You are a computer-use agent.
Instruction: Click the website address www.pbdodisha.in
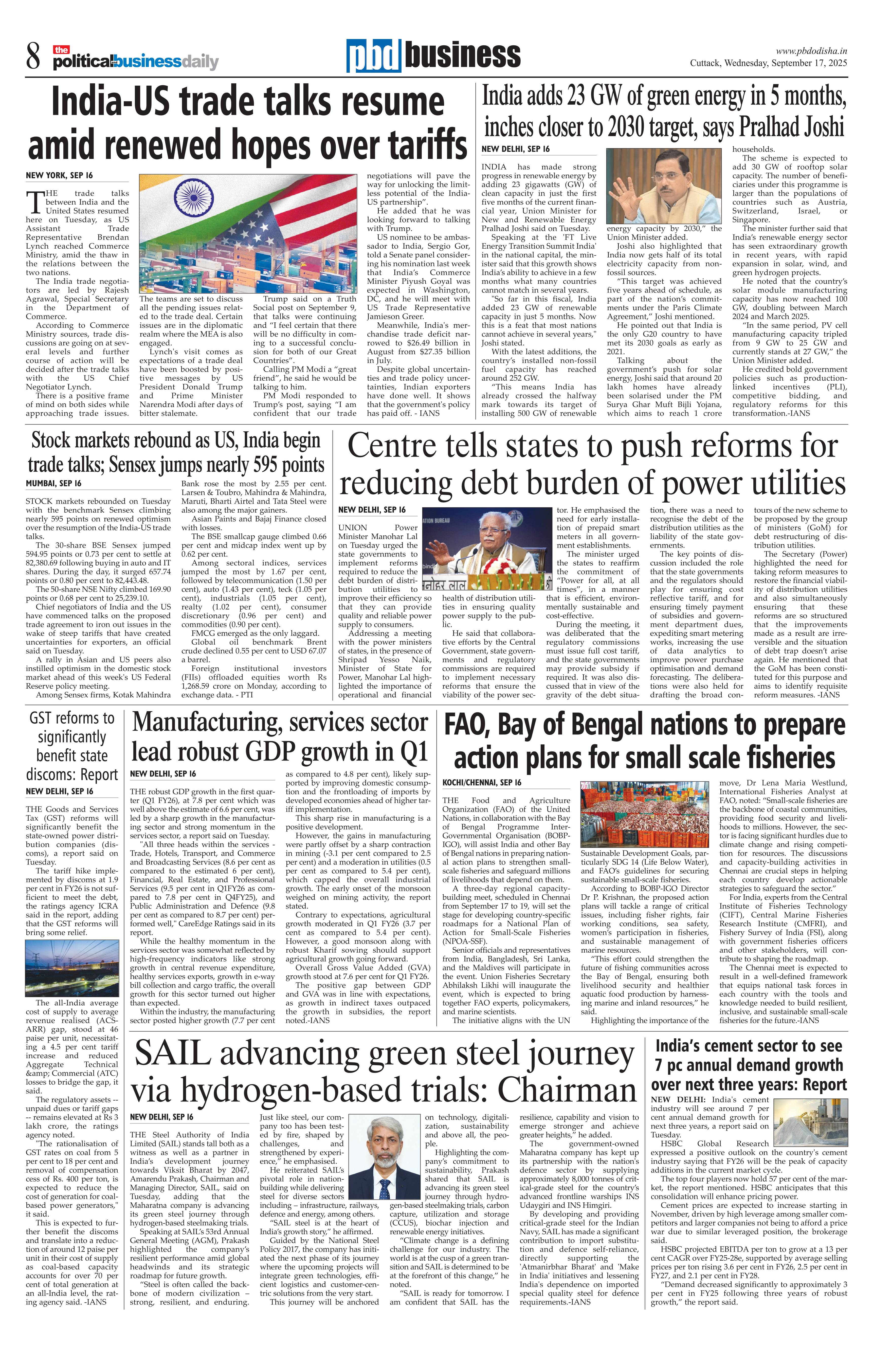[811, 51]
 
